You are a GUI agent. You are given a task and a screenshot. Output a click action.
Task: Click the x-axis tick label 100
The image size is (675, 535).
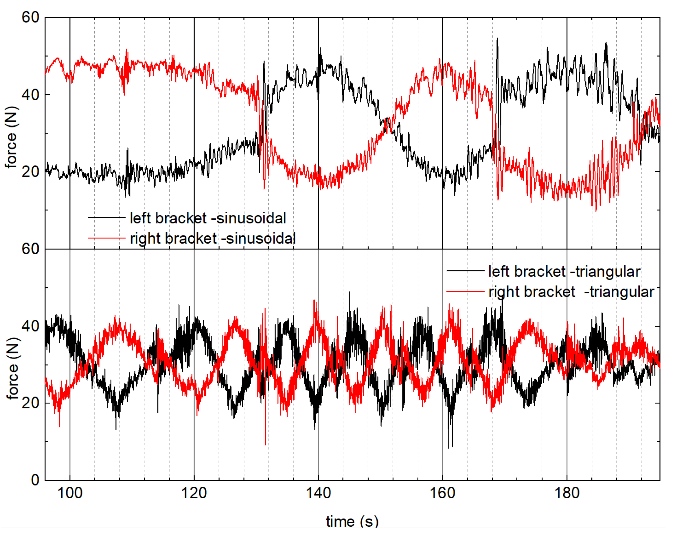70,494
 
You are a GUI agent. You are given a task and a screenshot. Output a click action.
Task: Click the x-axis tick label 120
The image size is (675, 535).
194,494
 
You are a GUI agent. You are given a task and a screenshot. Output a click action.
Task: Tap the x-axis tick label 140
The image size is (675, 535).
318,494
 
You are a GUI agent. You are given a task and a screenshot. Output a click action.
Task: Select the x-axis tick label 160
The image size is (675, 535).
442,494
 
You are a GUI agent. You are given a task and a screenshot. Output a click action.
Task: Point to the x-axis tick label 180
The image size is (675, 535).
567,494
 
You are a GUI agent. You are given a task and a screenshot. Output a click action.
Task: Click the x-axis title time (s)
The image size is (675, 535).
352,521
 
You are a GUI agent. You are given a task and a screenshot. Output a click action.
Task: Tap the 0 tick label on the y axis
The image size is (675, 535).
35,480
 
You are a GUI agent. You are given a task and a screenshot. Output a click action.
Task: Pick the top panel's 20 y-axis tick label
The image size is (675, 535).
30,171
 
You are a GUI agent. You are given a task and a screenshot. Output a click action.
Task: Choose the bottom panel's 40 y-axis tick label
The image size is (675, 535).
30,326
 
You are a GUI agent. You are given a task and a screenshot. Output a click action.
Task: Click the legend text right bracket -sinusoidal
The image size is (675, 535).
213,238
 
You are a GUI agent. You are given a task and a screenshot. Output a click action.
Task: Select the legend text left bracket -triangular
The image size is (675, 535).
564,271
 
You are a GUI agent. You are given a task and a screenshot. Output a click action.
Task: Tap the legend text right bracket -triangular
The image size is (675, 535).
571,292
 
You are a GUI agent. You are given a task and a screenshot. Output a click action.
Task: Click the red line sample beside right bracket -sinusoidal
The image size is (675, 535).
107,238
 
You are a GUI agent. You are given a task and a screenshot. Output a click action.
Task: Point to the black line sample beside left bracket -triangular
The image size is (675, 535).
465,271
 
